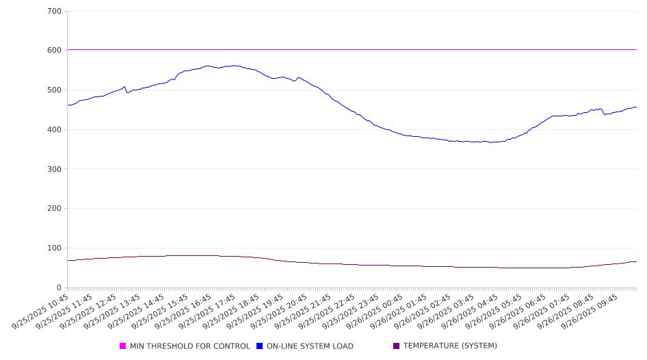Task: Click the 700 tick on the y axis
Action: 54,12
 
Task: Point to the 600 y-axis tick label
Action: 54,51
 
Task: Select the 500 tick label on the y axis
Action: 54,90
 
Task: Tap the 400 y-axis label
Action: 54,130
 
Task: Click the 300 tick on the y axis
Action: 54,169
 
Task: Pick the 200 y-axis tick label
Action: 54,209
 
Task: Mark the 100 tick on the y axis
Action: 54,248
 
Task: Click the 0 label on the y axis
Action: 59,288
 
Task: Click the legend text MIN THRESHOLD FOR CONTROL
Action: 189,346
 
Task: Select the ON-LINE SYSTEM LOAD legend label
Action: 310,346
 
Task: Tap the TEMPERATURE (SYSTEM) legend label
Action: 450,346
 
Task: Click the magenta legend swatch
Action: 123,346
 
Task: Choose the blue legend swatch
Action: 260,346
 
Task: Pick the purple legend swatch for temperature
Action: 397,346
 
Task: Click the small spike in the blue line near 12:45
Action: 124,87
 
